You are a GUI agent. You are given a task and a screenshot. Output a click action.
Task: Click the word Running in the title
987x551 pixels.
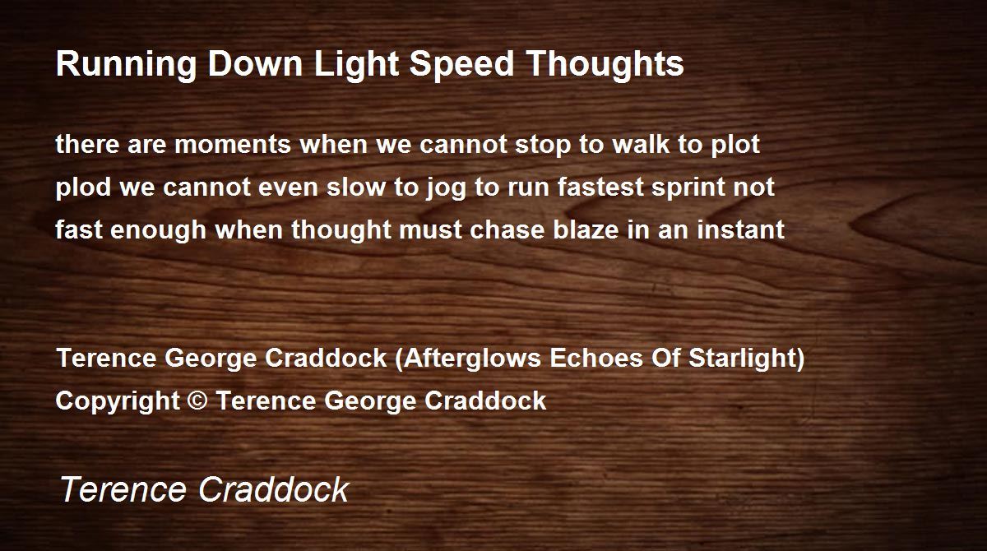tap(126, 65)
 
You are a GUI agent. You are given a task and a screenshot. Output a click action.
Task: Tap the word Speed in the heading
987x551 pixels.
tap(461, 65)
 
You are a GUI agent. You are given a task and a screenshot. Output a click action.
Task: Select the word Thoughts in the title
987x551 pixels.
tap(605, 65)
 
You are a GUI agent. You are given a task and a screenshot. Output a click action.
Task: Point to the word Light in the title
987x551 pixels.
tap(356, 65)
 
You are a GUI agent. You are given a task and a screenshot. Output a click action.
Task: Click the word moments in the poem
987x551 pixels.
tap(233, 145)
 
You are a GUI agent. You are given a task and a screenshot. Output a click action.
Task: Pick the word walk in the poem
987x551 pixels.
tap(641, 144)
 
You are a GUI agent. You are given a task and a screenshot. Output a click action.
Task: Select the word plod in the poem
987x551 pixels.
tap(83, 188)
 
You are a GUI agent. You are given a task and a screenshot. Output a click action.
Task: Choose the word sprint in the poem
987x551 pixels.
tap(688, 188)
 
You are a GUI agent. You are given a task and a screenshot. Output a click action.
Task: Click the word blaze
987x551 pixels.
tap(586, 229)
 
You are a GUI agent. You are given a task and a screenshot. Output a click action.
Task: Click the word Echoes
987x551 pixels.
tap(595, 357)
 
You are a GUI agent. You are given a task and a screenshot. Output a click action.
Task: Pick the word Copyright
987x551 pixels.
tap(118, 401)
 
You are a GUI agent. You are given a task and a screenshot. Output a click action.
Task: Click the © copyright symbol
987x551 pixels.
tap(197, 401)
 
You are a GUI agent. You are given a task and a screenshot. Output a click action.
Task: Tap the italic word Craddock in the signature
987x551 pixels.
tap(274, 489)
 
